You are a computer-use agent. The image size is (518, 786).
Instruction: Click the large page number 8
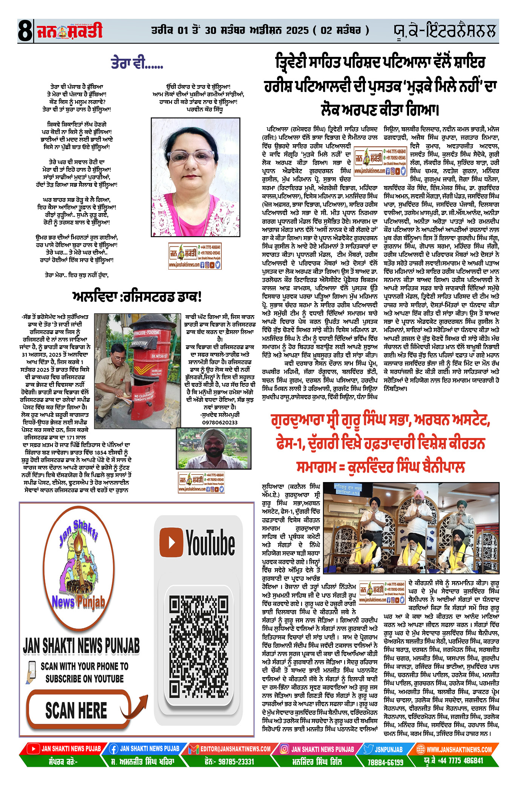(25, 31)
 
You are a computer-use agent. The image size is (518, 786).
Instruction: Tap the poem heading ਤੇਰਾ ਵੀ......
(136, 63)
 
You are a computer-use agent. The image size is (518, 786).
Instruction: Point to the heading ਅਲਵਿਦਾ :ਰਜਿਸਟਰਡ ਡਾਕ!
(137, 296)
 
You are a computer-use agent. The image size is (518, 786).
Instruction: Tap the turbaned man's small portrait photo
(214, 448)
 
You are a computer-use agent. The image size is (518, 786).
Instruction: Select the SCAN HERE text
(76, 711)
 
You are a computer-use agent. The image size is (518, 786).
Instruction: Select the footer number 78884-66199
(385, 762)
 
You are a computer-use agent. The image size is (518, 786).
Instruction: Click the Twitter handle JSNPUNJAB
(388, 749)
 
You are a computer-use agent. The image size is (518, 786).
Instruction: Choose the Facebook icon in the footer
(113, 749)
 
